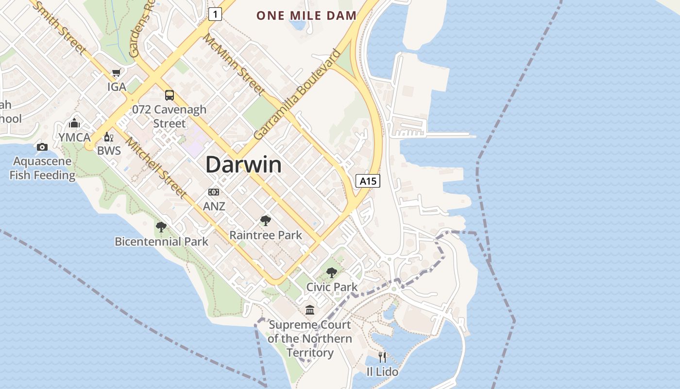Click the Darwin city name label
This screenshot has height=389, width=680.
tap(243, 165)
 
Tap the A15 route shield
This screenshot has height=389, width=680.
tap(368, 181)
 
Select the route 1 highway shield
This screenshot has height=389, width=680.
tap(215, 15)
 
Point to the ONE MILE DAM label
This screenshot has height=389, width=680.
tap(306, 16)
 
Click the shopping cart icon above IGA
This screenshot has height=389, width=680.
tap(116, 73)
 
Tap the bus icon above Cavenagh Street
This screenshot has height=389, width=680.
tap(169, 95)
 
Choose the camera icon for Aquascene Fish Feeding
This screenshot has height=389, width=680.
tap(42, 147)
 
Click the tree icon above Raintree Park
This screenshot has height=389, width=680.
tap(265, 221)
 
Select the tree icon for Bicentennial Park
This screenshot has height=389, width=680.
tap(161, 227)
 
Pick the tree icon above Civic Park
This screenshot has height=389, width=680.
tap(332, 273)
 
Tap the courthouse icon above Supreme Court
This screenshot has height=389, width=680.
tap(309, 310)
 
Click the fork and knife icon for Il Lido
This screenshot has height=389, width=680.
tap(382, 357)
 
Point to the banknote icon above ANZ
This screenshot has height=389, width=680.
tap(214, 192)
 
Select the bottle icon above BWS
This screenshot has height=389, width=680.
tap(108, 137)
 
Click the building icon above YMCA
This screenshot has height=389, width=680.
tap(74, 123)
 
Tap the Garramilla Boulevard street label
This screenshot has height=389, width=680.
tap(297, 94)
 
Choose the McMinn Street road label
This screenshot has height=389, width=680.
tap(234, 64)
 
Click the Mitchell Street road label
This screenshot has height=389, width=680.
tap(156, 168)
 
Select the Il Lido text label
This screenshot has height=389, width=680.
tap(382, 372)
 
